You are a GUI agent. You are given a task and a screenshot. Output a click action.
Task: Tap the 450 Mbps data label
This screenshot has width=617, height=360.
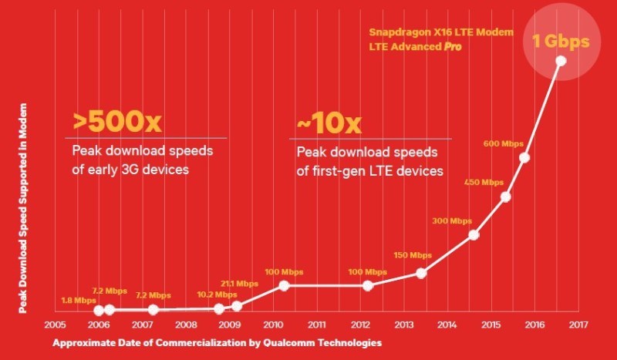[x=483, y=183]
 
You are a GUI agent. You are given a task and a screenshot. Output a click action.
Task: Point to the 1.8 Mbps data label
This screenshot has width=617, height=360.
[x=79, y=300]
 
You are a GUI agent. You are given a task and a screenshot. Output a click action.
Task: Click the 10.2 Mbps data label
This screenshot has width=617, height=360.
[x=217, y=294]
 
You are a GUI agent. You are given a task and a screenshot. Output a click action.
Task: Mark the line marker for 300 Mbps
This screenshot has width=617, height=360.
[x=474, y=235]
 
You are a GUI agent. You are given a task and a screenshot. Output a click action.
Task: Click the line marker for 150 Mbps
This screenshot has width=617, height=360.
[x=421, y=273]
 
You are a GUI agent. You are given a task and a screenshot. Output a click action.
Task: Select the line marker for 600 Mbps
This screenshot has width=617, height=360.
[x=524, y=158]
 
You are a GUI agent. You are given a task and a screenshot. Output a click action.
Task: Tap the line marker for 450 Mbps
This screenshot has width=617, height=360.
[x=506, y=197]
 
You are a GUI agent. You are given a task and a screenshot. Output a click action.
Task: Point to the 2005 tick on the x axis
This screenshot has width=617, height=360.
[x=55, y=325]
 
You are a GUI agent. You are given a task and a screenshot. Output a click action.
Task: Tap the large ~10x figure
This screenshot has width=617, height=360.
[x=328, y=123]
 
